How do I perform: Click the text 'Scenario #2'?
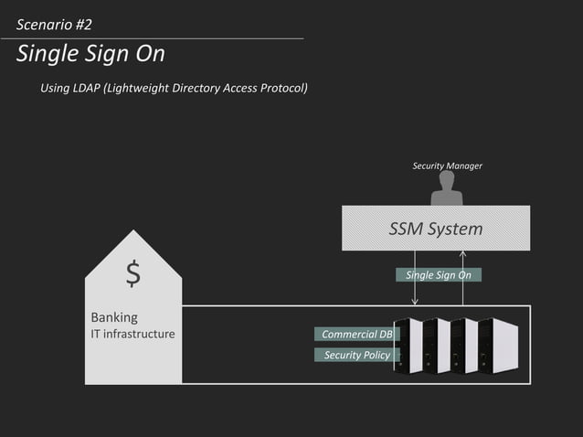[x=54, y=24]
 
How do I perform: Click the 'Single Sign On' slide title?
[x=90, y=54]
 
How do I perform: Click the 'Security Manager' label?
[x=447, y=165]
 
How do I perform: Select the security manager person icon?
[x=447, y=189]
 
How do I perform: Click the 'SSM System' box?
[x=436, y=229]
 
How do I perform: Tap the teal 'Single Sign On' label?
[x=439, y=275]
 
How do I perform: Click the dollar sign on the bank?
[x=133, y=273]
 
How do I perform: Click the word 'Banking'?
[x=114, y=317]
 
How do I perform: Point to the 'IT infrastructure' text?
[x=132, y=334]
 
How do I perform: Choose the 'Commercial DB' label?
[x=356, y=335]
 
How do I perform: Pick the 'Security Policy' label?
[x=356, y=355]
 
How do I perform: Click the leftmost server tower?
[x=408, y=345]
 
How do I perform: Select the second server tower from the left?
[x=437, y=345]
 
